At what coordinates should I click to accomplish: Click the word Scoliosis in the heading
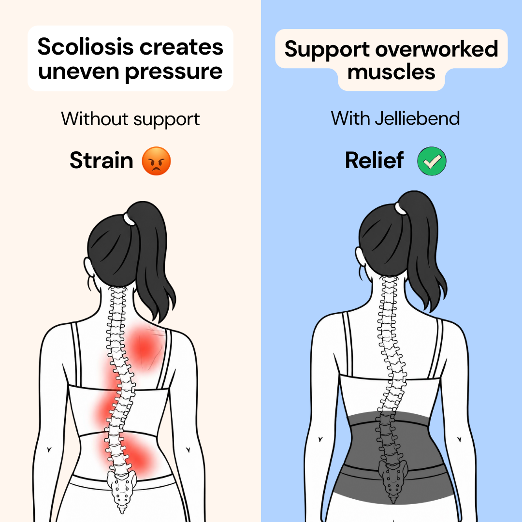pos(86,46)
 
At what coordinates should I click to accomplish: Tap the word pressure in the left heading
pos(174,72)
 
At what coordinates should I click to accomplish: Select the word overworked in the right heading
pos(436,49)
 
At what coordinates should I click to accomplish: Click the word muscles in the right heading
pos(391,72)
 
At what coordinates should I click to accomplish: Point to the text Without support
pos(130,119)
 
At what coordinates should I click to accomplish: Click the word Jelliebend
pos(418,118)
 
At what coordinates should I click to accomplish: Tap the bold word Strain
pos(101,160)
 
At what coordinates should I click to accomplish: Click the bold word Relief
pos(374,160)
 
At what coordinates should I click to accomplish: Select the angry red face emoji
pos(157,161)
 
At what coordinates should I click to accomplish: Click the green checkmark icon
pos(432,161)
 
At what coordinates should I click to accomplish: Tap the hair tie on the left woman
pos(129,219)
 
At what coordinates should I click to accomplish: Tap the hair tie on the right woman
pos(400,208)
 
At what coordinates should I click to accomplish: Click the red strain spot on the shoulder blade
pos(145,346)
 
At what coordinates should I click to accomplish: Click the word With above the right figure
pos(350,118)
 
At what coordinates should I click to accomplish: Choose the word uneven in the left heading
pos(79,72)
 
